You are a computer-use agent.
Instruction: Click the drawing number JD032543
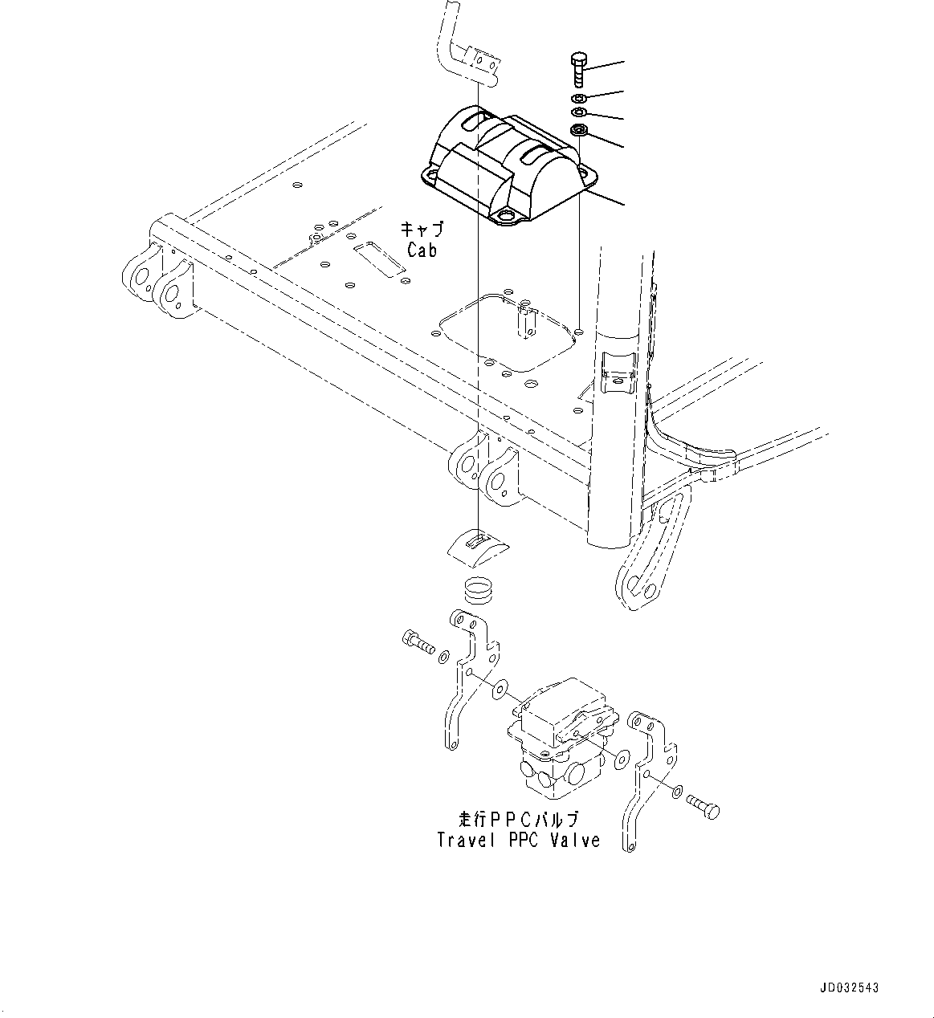849,988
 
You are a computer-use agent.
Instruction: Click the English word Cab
422,250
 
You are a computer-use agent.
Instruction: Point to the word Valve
575,841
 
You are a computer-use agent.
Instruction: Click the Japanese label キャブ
422,229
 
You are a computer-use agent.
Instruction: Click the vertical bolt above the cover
579,70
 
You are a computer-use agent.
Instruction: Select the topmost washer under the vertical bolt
578,97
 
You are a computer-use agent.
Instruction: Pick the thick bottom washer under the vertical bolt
579,130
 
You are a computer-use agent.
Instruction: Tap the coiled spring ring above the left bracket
479,590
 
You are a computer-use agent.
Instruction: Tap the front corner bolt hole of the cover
507,218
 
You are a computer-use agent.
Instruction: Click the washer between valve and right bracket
622,758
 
